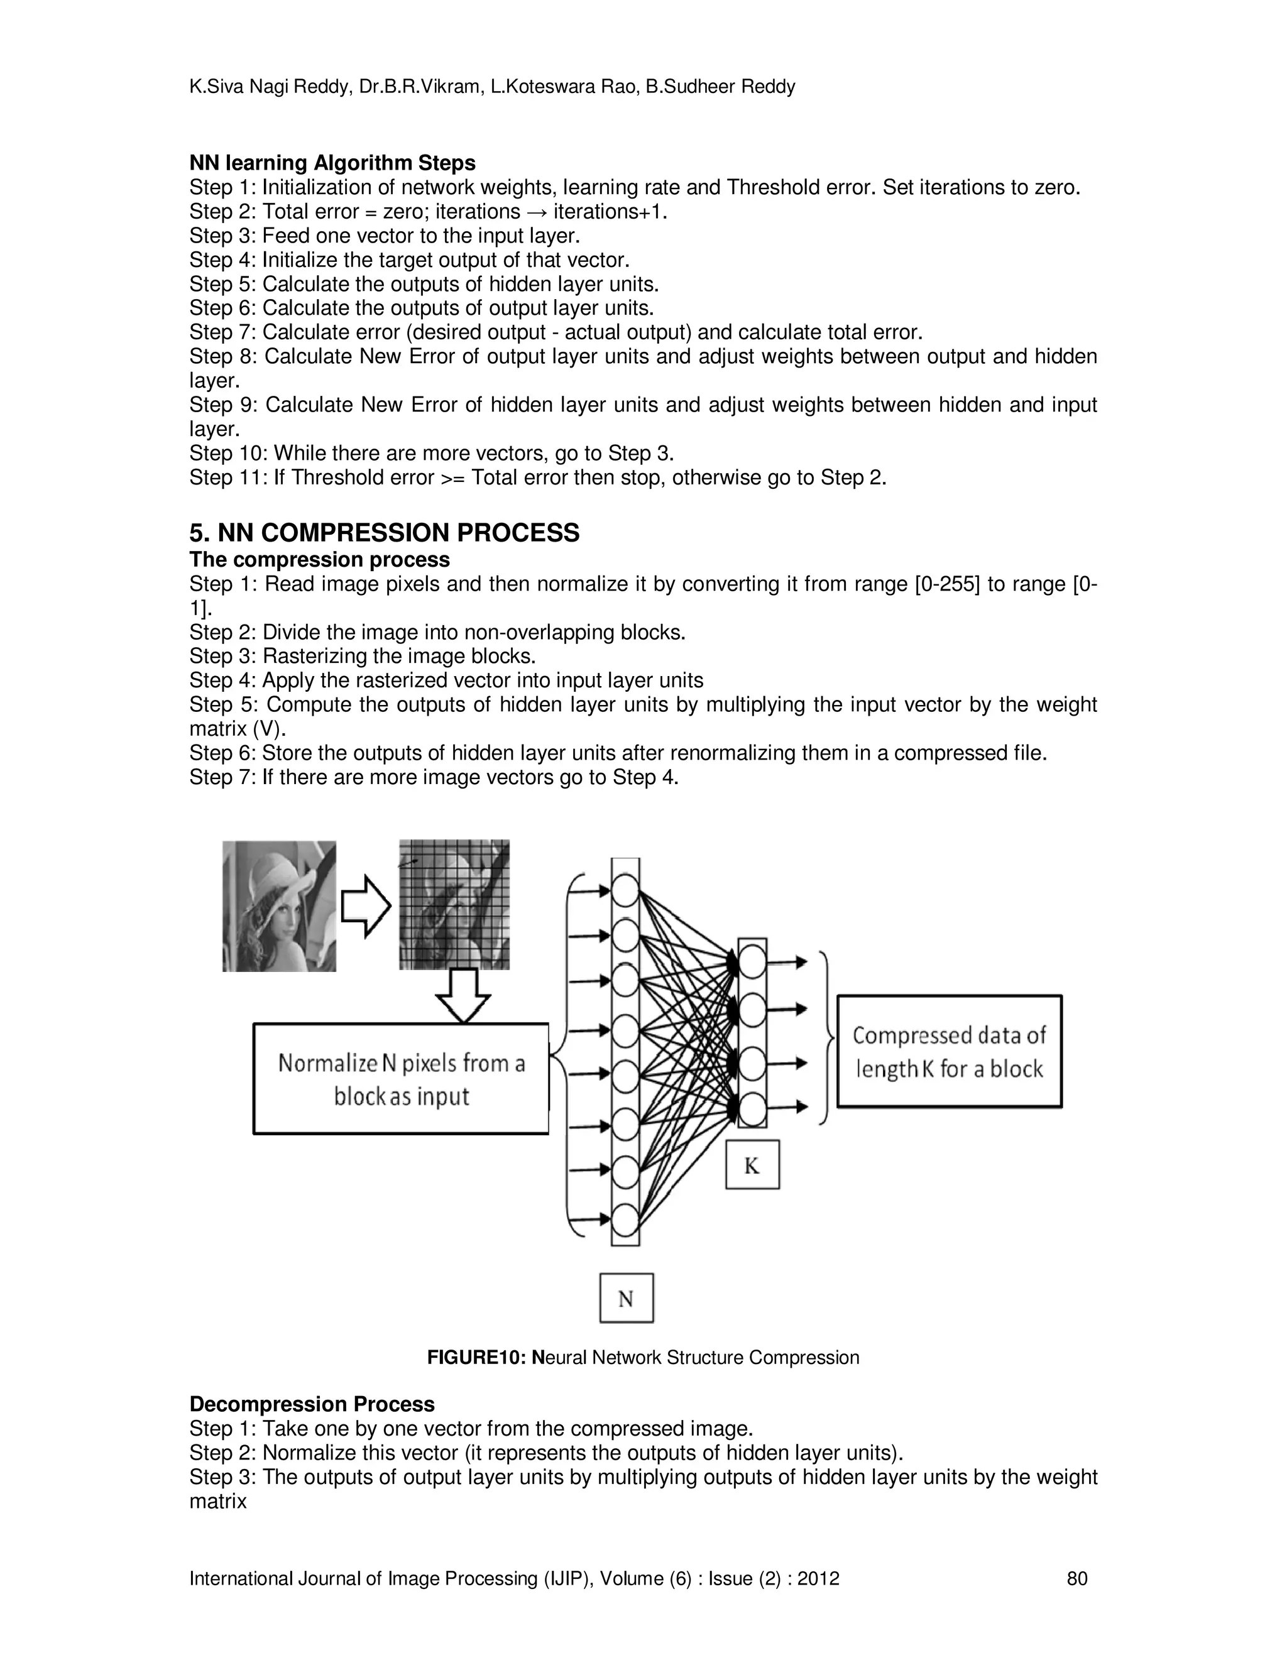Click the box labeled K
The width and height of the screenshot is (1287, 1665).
(752, 1165)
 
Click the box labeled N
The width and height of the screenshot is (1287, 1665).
(626, 1298)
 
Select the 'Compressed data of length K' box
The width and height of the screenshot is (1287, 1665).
(950, 1051)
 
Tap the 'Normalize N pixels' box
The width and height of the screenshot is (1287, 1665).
(401, 1079)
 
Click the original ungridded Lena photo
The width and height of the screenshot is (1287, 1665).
(279, 905)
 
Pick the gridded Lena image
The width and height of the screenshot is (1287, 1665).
(454, 905)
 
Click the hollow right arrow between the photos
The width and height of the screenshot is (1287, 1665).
(365, 905)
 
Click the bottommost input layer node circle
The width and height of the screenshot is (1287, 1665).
(625, 1218)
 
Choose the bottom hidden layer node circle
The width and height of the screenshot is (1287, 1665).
(752, 1108)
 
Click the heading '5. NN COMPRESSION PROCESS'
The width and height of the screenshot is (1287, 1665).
(384, 533)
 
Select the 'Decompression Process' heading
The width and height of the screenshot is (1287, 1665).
(312, 1404)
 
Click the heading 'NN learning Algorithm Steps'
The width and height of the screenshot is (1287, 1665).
(332, 163)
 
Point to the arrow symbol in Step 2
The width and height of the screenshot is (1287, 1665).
(537, 212)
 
